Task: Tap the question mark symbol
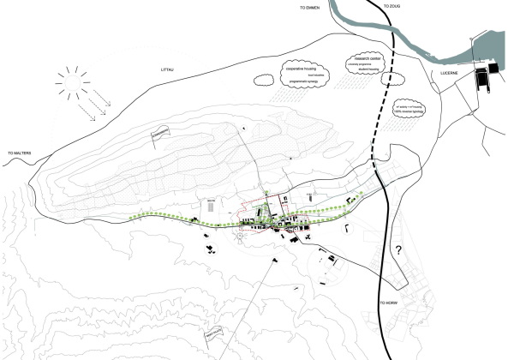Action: point(397,251)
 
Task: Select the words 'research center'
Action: point(360,58)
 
